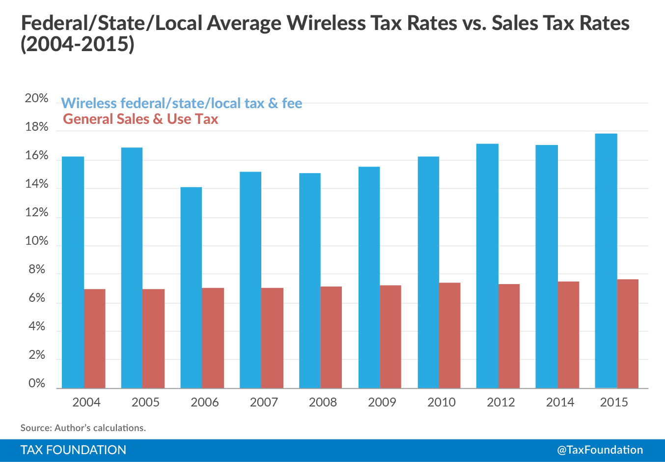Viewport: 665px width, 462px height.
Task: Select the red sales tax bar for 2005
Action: coord(153,339)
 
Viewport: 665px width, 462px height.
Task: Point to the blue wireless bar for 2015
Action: coord(606,260)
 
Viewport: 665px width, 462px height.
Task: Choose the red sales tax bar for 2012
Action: coord(509,336)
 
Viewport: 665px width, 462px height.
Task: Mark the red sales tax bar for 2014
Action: coord(568,335)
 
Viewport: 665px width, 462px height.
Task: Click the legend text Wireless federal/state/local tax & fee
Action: coord(181,103)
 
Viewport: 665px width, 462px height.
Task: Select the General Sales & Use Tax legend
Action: coord(140,119)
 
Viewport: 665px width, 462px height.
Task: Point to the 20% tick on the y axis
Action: coord(37,98)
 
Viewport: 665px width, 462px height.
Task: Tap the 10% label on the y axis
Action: coord(37,241)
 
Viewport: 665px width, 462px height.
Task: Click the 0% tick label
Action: coord(37,383)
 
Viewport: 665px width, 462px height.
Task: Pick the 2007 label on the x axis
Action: coord(264,402)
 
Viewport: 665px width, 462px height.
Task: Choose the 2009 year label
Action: coord(382,402)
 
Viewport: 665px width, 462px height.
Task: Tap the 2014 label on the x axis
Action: coord(560,402)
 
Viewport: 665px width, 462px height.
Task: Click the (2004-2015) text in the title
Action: coord(78,44)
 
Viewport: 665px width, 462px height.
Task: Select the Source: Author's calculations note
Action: coord(83,428)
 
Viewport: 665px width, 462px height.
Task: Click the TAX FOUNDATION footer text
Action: coord(73,450)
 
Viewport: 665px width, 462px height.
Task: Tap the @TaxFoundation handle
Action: coord(600,450)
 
